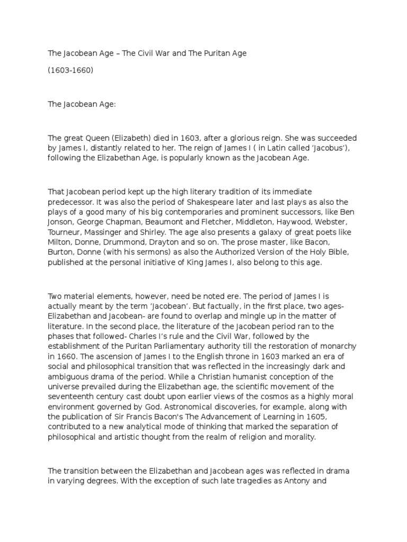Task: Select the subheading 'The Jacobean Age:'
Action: [x=82, y=105]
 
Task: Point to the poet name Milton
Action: [x=60, y=233]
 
